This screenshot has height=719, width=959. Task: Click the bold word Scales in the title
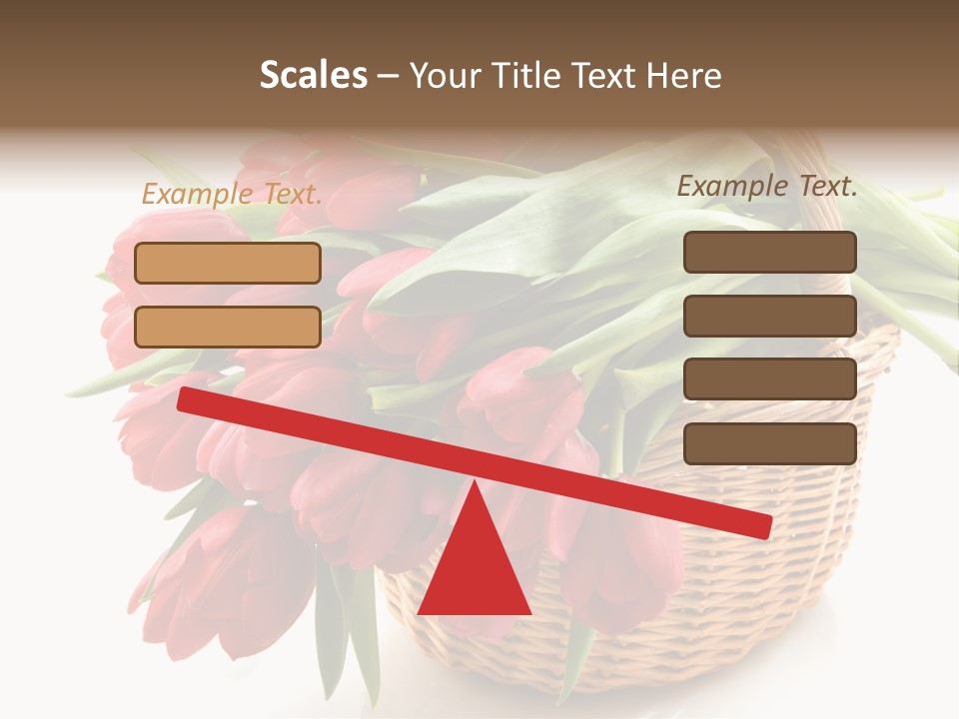[x=313, y=76]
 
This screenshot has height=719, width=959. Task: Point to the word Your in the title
[x=447, y=76]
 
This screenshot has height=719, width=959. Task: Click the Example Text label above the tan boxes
[x=232, y=195]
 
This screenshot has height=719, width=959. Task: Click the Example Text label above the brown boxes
[x=767, y=186]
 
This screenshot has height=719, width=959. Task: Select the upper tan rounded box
[x=228, y=263]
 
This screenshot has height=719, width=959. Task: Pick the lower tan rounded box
[x=228, y=327]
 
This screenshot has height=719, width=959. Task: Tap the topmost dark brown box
[x=769, y=252]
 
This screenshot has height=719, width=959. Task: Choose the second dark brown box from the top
[x=769, y=316]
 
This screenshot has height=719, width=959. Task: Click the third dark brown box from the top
[x=769, y=378]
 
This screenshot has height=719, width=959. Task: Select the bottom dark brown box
[x=769, y=443]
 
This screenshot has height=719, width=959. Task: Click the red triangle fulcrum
[x=474, y=569]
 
